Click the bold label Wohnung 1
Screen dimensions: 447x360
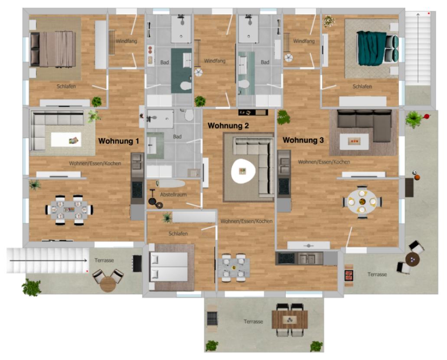click(x=119, y=141)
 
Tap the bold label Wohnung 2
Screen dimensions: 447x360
click(x=228, y=125)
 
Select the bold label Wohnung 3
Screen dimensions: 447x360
click(x=303, y=140)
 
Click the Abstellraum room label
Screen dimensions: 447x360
click(x=173, y=195)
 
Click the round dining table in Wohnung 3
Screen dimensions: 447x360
click(x=362, y=202)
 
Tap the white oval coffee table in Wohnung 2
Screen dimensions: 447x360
click(x=243, y=171)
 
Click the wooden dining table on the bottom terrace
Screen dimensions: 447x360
click(x=290, y=320)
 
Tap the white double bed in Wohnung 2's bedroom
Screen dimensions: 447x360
click(x=169, y=267)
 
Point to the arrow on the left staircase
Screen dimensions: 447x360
click(x=48, y=260)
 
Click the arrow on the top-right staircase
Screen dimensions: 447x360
click(x=418, y=48)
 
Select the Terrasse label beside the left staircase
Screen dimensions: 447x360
click(x=104, y=260)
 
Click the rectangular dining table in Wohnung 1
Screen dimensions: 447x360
click(x=69, y=210)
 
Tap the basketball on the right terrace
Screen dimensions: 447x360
click(x=417, y=177)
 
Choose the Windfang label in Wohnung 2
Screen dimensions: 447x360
click(x=215, y=61)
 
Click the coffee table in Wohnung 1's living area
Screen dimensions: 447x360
click(x=66, y=140)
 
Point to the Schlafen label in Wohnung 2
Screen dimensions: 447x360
click(x=178, y=234)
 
